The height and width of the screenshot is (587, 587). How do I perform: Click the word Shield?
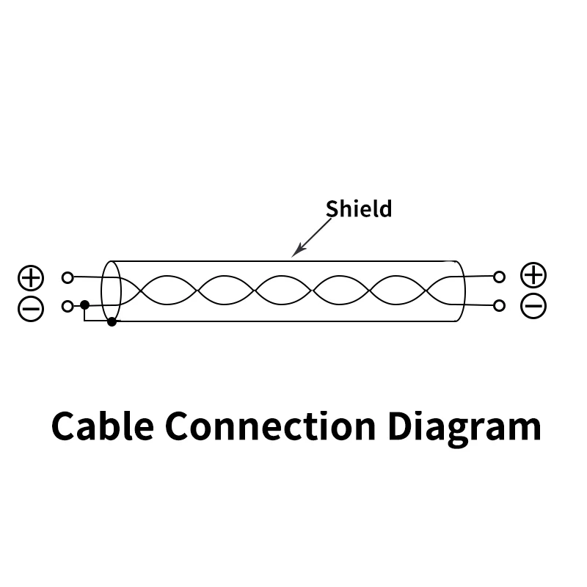click(359, 208)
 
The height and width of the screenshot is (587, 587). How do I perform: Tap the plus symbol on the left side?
click(31, 278)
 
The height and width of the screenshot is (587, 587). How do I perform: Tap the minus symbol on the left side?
click(31, 309)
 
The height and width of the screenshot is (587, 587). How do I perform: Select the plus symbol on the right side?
click(533, 275)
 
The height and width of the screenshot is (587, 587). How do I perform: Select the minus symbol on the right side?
click(533, 306)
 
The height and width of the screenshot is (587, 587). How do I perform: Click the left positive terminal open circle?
click(68, 277)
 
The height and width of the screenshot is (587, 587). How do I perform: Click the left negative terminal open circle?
click(68, 306)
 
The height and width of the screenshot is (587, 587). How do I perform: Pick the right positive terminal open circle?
click(499, 277)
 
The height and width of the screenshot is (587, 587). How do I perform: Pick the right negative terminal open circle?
click(499, 306)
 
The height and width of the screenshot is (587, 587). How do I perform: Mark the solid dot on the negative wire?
click(84, 305)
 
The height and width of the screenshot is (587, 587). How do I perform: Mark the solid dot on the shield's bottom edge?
click(112, 321)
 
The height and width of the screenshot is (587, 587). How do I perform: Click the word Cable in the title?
click(103, 426)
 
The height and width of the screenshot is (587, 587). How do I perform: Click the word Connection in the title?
click(270, 426)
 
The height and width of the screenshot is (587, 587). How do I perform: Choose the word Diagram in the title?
click(464, 429)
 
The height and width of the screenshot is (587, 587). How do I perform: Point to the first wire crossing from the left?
click(141, 290)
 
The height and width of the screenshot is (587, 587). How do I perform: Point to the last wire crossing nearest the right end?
click(426, 290)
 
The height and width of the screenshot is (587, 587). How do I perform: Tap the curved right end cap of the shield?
click(465, 291)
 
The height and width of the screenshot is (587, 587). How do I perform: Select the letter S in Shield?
click(332, 208)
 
